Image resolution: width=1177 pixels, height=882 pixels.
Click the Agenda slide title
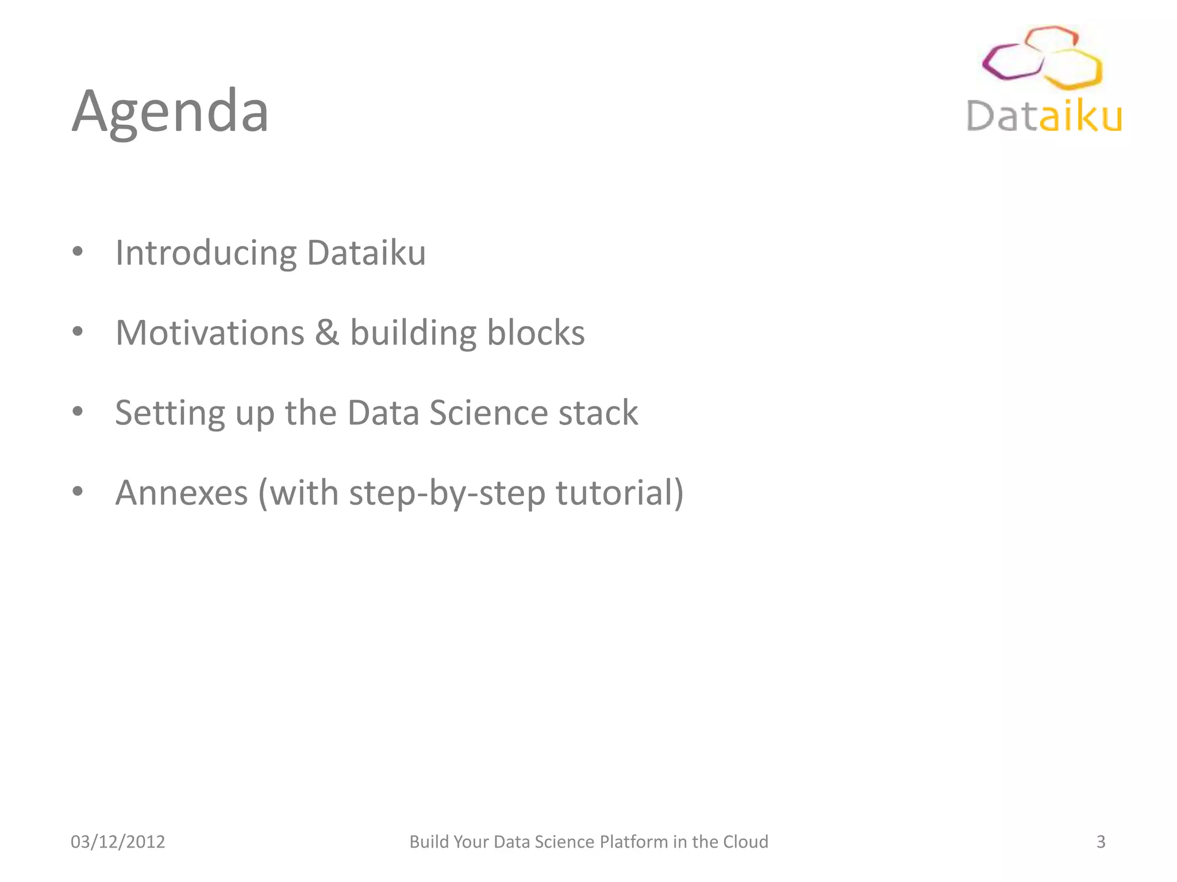[170, 112]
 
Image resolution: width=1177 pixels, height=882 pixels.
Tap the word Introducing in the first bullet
[206, 253]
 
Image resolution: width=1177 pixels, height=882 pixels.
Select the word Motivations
[210, 333]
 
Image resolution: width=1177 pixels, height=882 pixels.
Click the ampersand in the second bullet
[326, 333]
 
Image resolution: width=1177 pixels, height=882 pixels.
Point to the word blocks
[536, 333]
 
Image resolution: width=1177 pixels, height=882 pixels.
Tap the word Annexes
[181, 493]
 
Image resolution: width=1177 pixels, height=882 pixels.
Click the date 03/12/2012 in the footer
[118, 842]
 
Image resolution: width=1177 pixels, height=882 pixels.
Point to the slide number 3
[1101, 842]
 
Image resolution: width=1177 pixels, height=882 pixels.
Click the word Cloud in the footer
[745, 842]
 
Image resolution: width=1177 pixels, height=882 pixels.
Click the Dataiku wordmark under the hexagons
[1044, 117]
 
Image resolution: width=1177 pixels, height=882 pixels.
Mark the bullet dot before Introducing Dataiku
[78, 252]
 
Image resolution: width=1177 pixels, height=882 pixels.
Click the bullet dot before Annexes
[78, 492]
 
